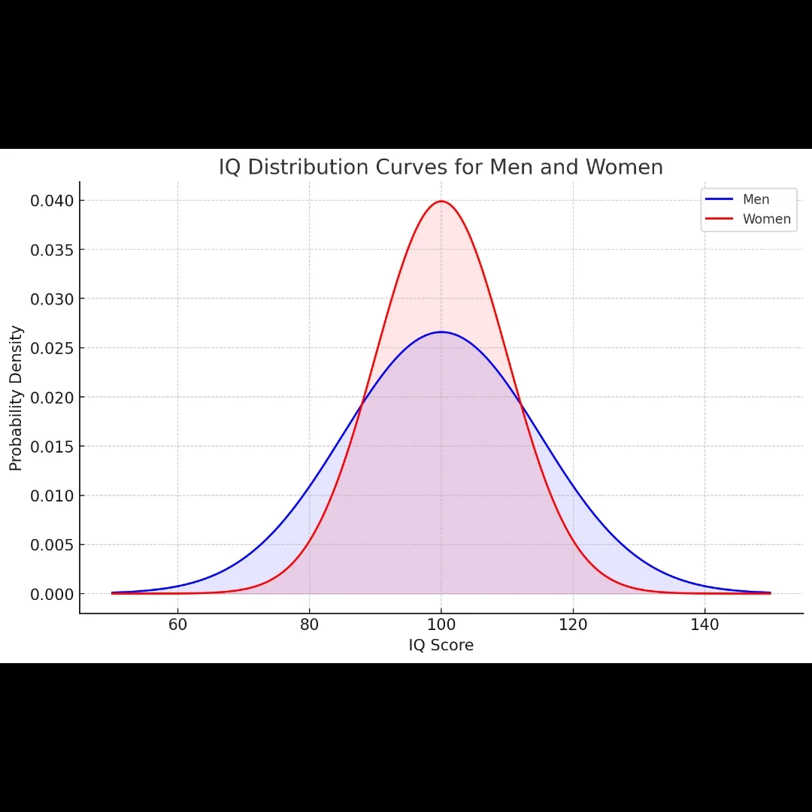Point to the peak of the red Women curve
(x=441, y=201)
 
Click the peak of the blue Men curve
(x=441, y=332)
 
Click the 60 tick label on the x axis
(x=177, y=625)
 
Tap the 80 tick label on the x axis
(x=309, y=625)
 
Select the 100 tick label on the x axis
(x=441, y=625)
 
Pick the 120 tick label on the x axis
(x=573, y=625)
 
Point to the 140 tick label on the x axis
(x=704, y=625)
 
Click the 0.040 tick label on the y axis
(x=52, y=201)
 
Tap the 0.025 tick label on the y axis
(x=52, y=348)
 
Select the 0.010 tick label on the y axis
(x=52, y=495)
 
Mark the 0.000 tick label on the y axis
(x=52, y=594)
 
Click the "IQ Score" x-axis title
(x=441, y=645)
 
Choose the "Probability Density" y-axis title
(x=17, y=398)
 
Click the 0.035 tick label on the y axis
(x=52, y=250)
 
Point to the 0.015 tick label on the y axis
(x=52, y=447)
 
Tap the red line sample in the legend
(x=719, y=219)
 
